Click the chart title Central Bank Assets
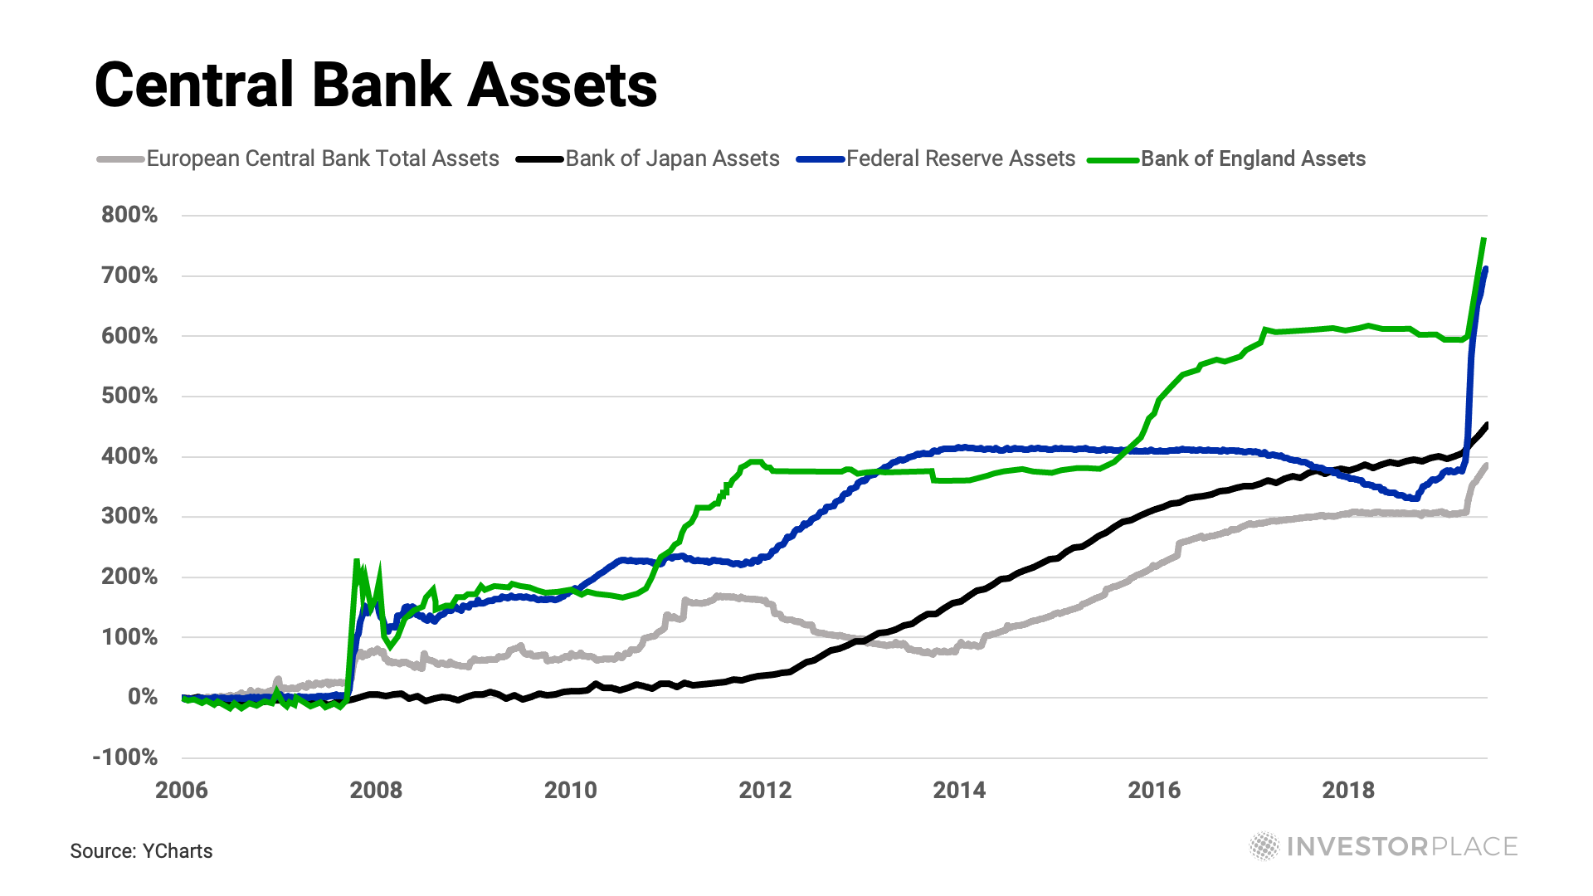(x=376, y=85)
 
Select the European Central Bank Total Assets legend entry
(x=323, y=158)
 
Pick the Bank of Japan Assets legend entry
(x=672, y=158)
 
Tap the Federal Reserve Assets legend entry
(x=960, y=158)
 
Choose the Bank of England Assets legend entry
(x=1253, y=158)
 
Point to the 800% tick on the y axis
(x=129, y=215)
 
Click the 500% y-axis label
(x=129, y=396)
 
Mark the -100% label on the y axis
(x=125, y=757)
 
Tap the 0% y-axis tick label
(x=142, y=697)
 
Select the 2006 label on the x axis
(x=182, y=790)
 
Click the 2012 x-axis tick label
(x=765, y=790)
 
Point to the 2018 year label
(x=1348, y=790)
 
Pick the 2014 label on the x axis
(x=959, y=790)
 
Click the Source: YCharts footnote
(x=141, y=851)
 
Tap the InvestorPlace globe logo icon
(x=1264, y=846)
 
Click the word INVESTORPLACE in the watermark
(x=1402, y=846)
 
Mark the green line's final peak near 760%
(x=1483, y=240)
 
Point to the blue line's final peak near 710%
(x=1485, y=270)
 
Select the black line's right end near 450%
(x=1486, y=426)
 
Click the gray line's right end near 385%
(x=1486, y=465)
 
